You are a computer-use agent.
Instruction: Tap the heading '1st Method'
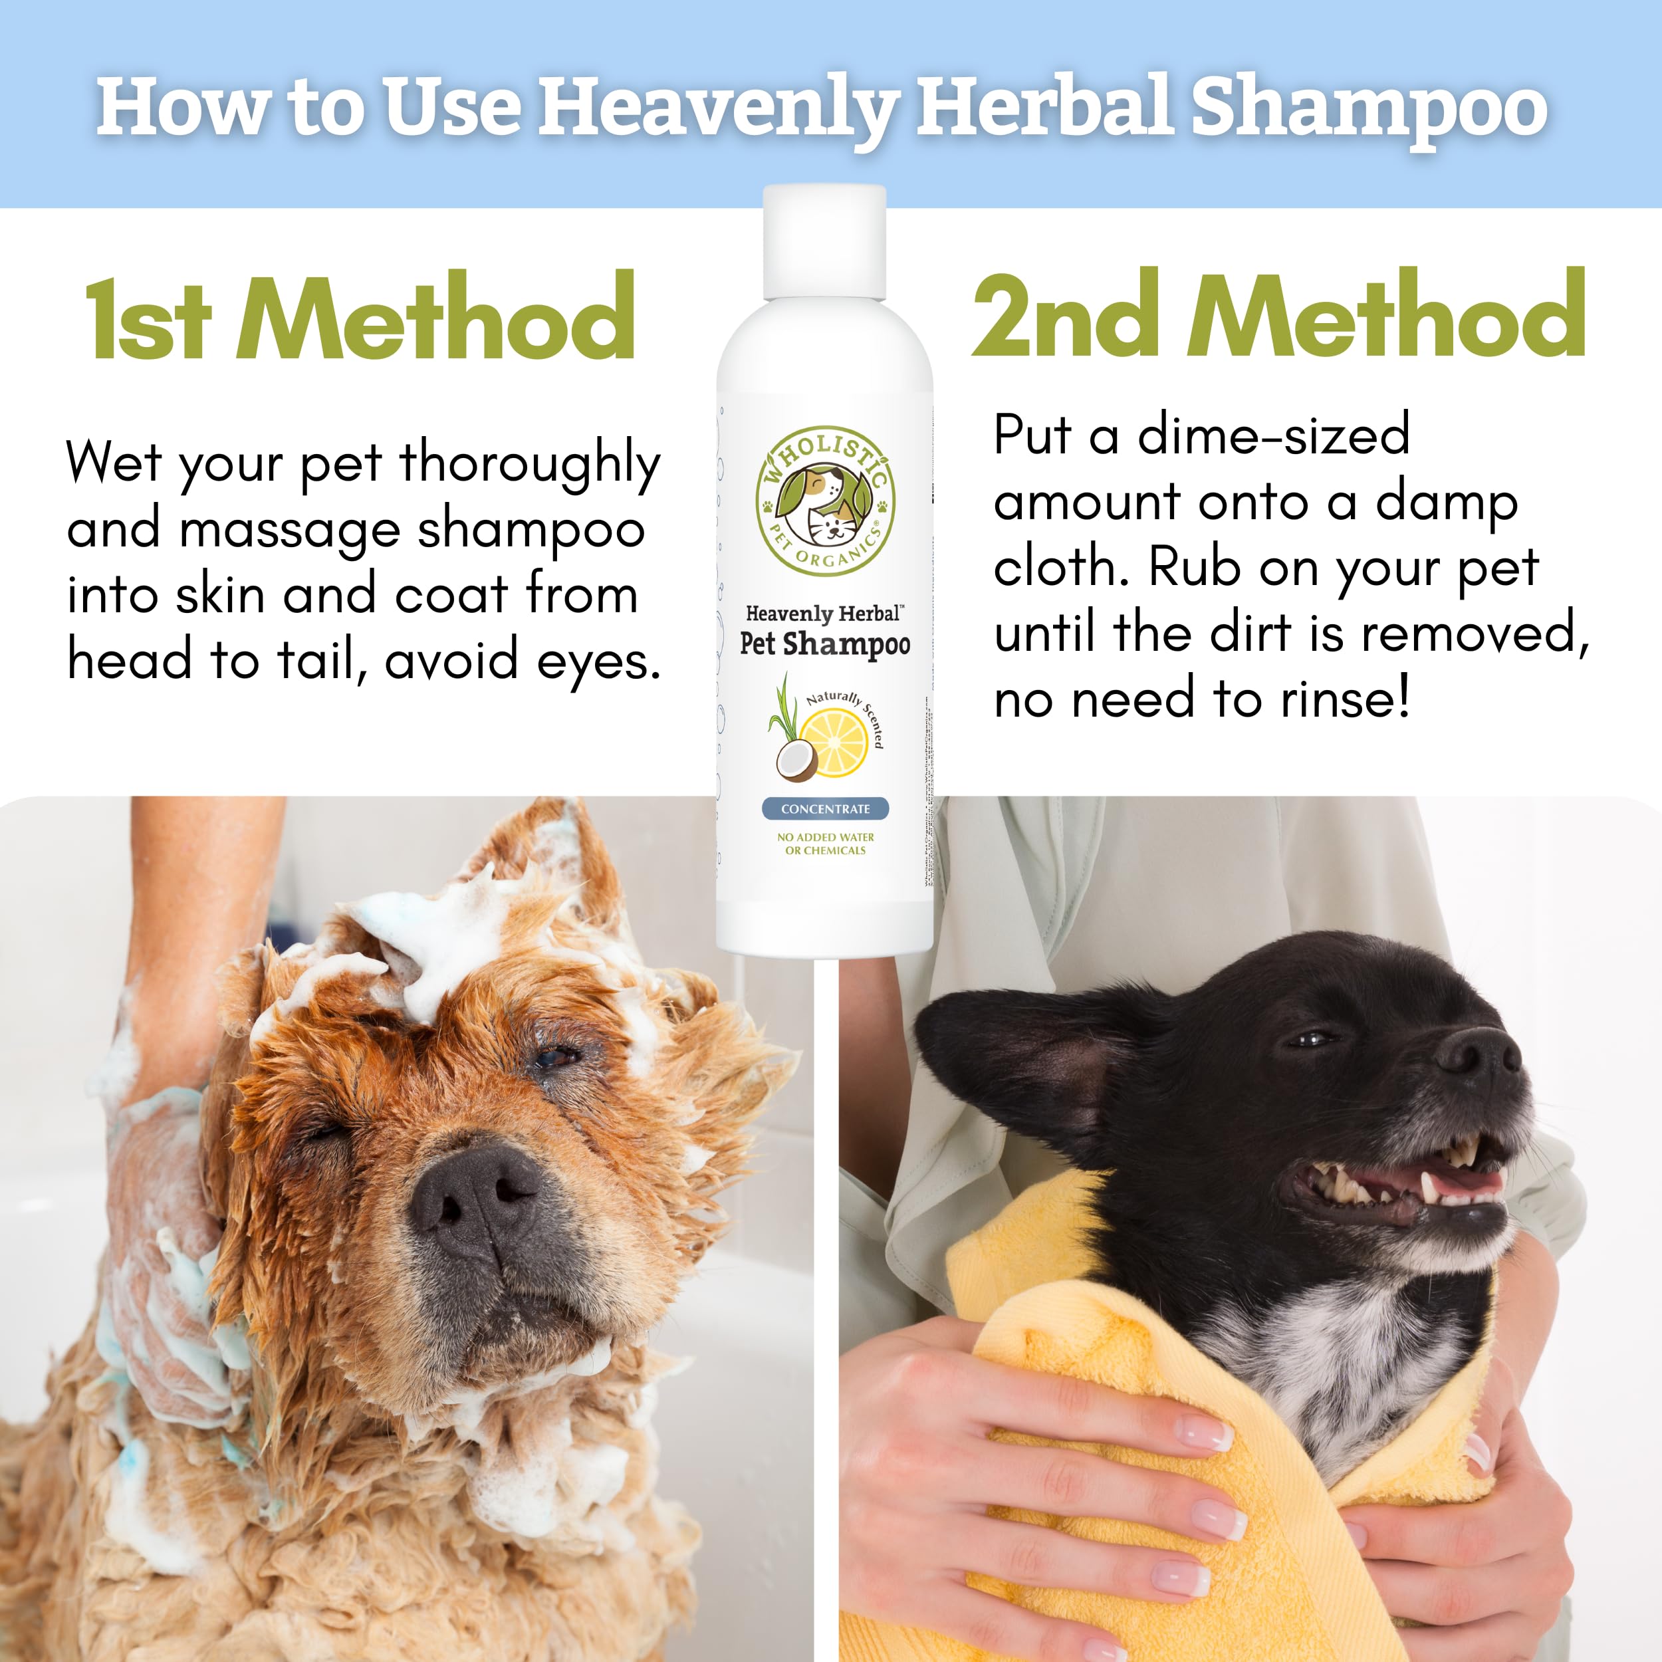click(360, 318)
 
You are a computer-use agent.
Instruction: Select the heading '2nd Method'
click(1278, 316)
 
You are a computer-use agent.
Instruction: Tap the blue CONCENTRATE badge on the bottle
click(825, 808)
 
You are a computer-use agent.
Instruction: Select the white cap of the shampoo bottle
click(824, 243)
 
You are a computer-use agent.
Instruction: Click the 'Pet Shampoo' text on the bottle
click(825, 644)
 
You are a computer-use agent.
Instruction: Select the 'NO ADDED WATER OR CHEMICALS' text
click(825, 843)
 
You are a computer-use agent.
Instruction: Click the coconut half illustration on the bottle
click(796, 761)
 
